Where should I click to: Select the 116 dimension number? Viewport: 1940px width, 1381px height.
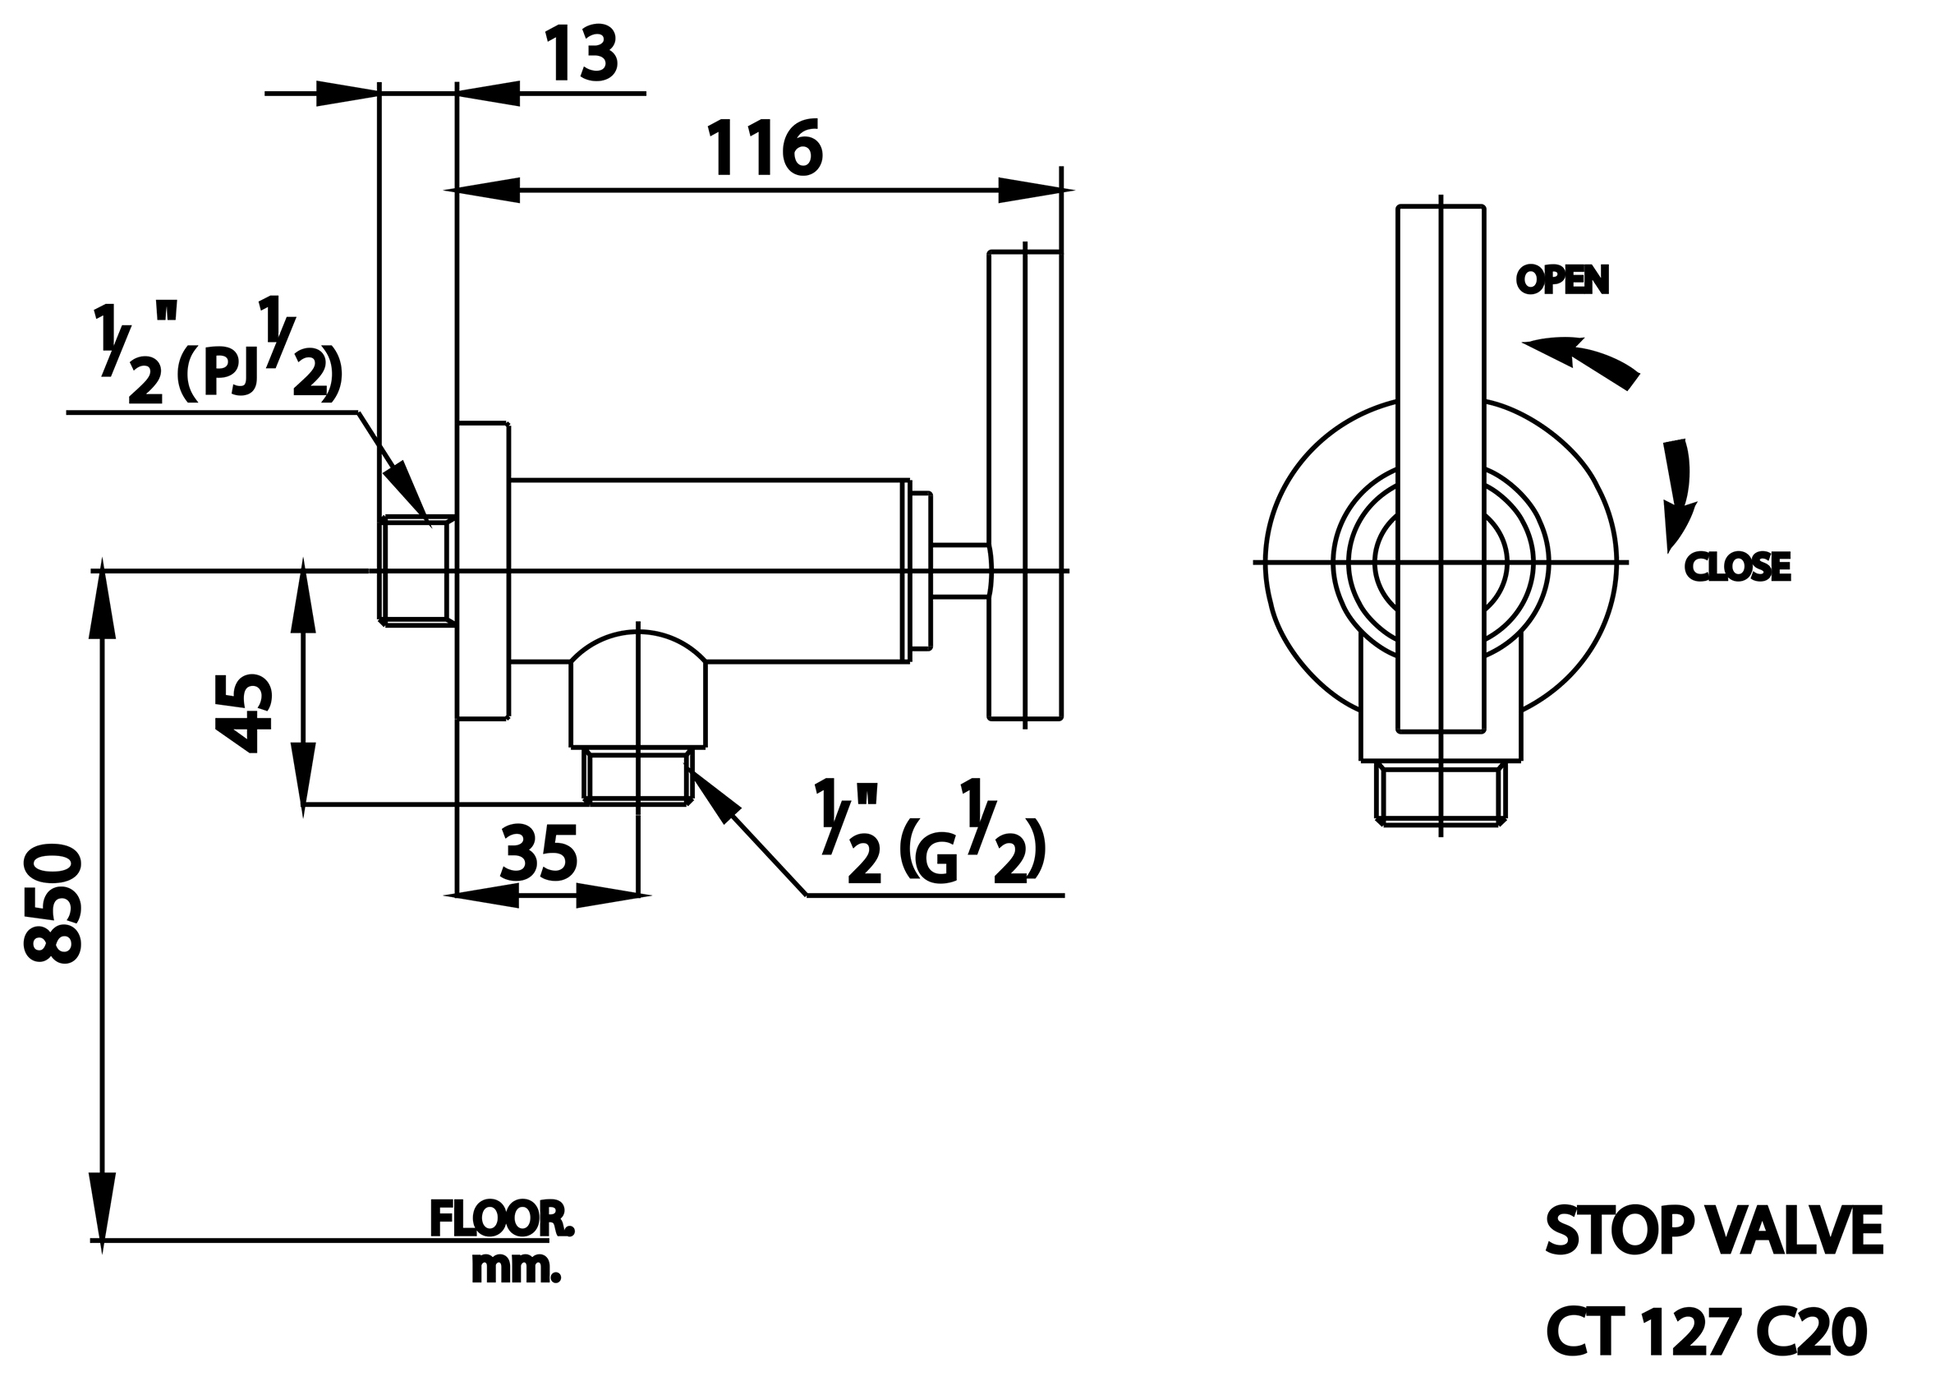tap(765, 148)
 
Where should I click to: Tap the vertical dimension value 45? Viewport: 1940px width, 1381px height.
tap(244, 713)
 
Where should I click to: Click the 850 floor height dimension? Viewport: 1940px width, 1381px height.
tap(53, 903)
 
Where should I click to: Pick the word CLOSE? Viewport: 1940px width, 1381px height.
tap(1738, 567)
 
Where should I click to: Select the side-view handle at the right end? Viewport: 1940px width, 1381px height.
tap(1024, 486)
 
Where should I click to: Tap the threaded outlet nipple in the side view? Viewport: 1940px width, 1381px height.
tap(638, 776)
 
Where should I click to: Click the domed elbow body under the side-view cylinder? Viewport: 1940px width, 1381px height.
tap(638, 688)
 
